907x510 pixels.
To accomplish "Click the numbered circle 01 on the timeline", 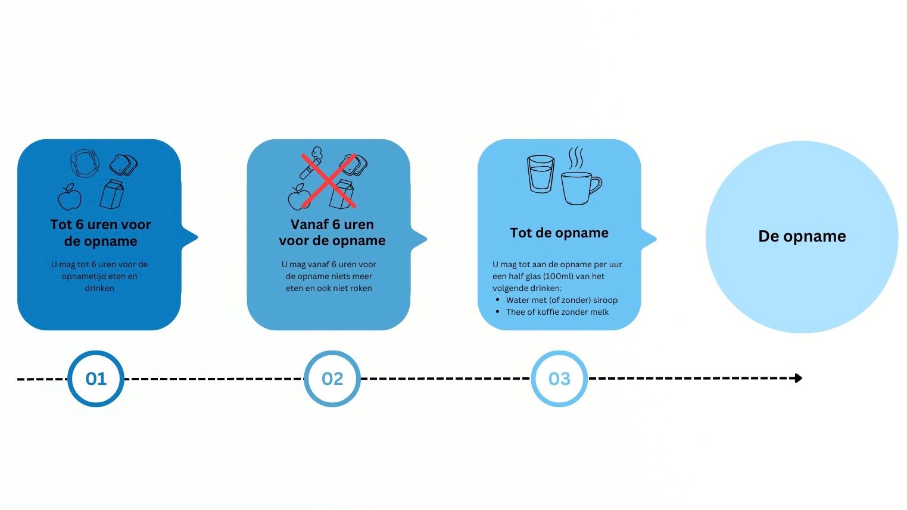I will pos(96,378).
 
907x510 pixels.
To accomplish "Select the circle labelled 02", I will pos(332,378).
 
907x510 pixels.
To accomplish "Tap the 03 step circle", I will pos(559,378).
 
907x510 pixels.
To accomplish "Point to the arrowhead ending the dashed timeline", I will pos(799,378).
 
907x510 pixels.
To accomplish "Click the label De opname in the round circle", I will pos(802,236).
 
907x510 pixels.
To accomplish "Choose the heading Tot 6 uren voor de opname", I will pos(101,233).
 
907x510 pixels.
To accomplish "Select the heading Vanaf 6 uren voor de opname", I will pos(332,233).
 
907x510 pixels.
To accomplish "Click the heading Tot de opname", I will pos(559,233).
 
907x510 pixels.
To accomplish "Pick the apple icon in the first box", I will pos(70,196).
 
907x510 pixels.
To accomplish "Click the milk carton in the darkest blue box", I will pos(112,194).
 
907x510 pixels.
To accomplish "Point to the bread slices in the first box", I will pos(123,165).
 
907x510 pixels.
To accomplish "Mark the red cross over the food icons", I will pos(328,180).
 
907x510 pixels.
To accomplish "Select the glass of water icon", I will pos(541,174).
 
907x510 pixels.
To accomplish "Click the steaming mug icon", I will pos(579,185).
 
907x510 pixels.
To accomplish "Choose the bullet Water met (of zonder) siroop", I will pos(562,300).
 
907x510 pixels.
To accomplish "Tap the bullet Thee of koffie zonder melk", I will pos(557,312).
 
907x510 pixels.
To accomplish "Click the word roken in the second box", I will pos(361,288).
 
